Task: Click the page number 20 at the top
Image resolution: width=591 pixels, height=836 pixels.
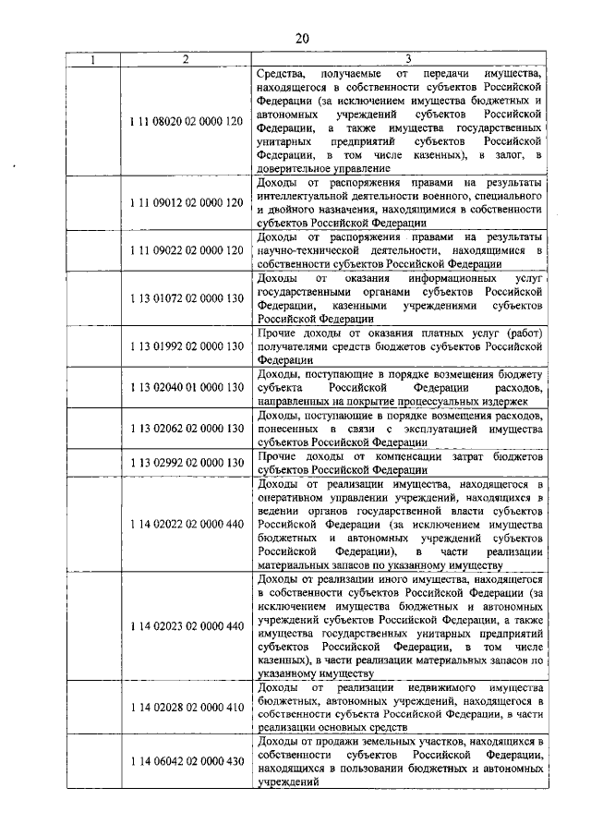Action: [x=302, y=38]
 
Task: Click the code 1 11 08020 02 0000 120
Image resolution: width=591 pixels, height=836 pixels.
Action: [x=186, y=121]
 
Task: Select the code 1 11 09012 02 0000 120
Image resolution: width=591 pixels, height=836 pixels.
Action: [x=186, y=201]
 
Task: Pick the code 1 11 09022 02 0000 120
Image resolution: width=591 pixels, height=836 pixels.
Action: [x=186, y=251]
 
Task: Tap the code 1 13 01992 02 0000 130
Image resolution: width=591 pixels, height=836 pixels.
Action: [x=186, y=346]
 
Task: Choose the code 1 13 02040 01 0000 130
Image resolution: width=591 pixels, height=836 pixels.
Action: [x=186, y=389]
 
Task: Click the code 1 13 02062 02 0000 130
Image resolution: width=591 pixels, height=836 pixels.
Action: [x=186, y=430]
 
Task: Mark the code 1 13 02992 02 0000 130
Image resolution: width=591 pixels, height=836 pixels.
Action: [x=186, y=463]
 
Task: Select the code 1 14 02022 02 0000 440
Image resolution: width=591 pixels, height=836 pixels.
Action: [x=186, y=524]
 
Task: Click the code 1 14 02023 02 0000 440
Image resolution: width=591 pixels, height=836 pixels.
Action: [x=186, y=625]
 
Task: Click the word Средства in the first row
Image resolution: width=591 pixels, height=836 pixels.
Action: [x=283, y=72]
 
